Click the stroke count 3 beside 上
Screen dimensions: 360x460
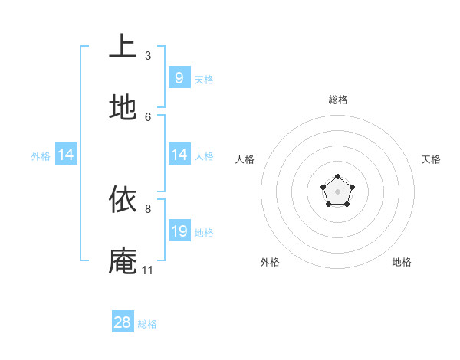point(148,55)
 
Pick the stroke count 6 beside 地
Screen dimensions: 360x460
point(148,116)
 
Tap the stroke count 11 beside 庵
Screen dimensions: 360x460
point(147,270)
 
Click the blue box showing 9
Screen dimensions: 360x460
point(179,78)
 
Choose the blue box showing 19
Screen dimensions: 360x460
point(179,231)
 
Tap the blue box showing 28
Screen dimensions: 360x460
point(123,322)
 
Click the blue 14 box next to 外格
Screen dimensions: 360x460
point(65,155)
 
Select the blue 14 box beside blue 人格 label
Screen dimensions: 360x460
point(179,155)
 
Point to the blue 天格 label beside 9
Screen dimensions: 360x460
point(204,80)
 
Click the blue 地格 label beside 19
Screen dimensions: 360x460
point(204,233)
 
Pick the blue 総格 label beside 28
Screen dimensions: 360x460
point(147,324)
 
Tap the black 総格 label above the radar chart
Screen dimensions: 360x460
point(337,100)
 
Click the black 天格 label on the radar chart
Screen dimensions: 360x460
point(432,159)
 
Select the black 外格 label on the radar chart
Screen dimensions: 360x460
point(270,262)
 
